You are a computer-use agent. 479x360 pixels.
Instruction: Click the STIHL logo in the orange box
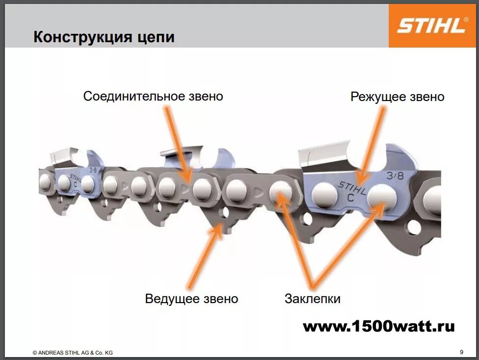point(431,26)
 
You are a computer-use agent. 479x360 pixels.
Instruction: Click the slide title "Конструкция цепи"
point(104,37)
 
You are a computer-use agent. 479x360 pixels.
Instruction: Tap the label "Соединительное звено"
point(153,96)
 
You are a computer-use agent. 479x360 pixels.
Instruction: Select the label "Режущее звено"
point(397,97)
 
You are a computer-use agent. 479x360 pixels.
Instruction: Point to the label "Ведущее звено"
point(191,298)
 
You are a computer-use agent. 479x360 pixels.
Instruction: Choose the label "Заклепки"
point(312,298)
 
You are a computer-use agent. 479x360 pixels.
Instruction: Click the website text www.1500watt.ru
point(378,326)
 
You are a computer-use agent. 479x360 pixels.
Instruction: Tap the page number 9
point(461,352)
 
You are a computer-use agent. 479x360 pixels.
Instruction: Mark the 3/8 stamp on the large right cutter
point(395,175)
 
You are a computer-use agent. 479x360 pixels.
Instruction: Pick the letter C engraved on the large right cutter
point(350,198)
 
